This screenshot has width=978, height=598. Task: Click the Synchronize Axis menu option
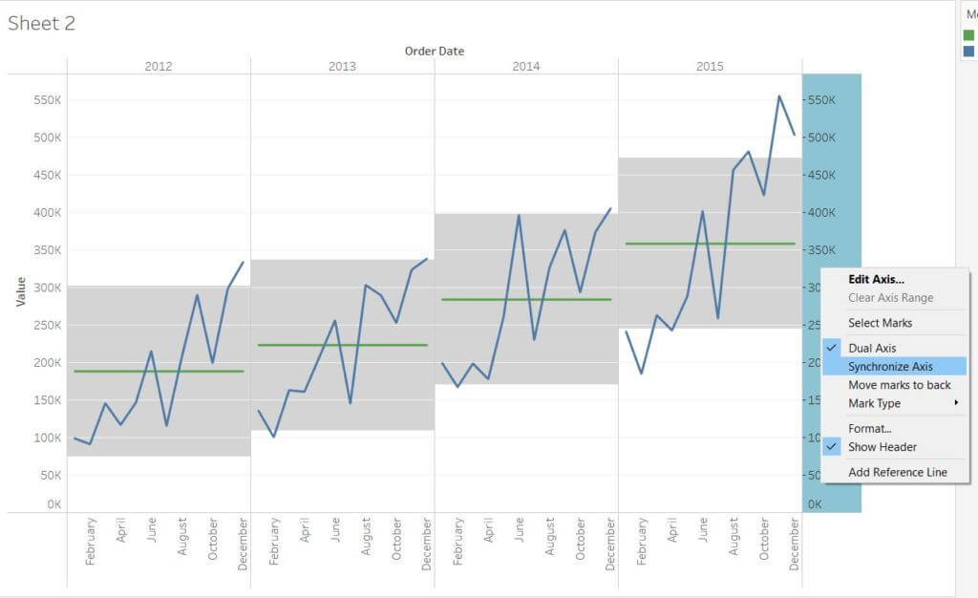[x=890, y=366]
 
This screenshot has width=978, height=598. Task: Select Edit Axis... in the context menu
[x=876, y=279]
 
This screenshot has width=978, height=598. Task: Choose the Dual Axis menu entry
[x=872, y=348]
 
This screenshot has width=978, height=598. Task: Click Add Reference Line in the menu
[x=897, y=472]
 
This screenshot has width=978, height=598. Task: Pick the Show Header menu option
[x=882, y=447]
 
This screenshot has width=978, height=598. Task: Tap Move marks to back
[x=899, y=385]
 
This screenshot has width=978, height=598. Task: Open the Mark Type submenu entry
[x=874, y=403]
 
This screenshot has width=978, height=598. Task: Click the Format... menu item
[x=869, y=429]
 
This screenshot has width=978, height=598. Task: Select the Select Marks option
[x=880, y=323]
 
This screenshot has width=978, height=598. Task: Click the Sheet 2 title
[x=41, y=24]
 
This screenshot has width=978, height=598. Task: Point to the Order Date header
[x=435, y=51]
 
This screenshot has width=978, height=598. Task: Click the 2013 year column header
[x=342, y=66]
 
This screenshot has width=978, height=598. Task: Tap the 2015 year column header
[x=710, y=66]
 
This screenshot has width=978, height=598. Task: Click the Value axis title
[x=21, y=291]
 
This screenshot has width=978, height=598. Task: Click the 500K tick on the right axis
[x=821, y=138]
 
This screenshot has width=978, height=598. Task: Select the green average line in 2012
[x=158, y=371]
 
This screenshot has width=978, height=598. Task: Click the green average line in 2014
[x=525, y=299]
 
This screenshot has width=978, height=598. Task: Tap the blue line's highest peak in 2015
[x=779, y=96]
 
